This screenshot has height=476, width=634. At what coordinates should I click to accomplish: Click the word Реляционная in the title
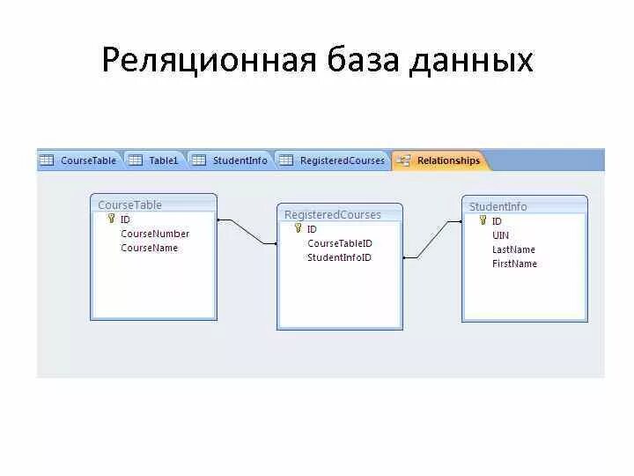pyautogui.click(x=208, y=60)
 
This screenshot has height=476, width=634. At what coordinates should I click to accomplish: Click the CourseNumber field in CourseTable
pyautogui.click(x=155, y=234)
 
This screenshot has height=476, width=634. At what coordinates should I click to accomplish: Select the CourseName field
pyautogui.click(x=149, y=248)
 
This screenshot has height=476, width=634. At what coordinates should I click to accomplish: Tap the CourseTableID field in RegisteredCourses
pyautogui.click(x=339, y=243)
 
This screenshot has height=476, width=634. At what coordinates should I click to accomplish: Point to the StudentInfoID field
pyautogui.click(x=339, y=257)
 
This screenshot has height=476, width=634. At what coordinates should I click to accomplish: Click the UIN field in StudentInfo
pyautogui.click(x=500, y=235)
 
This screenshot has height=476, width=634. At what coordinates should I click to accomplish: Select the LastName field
pyautogui.click(x=513, y=249)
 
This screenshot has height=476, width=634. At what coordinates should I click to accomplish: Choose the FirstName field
pyautogui.click(x=514, y=264)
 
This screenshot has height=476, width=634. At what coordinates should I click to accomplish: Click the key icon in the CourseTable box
pyautogui.click(x=111, y=219)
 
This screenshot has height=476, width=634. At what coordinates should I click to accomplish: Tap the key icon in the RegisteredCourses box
pyautogui.click(x=298, y=228)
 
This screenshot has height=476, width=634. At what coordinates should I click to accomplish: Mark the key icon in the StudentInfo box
pyautogui.click(x=483, y=220)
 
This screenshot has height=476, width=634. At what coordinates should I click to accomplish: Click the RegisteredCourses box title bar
pyautogui.click(x=339, y=214)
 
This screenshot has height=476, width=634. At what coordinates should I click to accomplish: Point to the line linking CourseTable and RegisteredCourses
pyautogui.click(x=247, y=231)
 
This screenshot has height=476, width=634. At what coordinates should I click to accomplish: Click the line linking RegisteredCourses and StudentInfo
pyautogui.click(x=431, y=239)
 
